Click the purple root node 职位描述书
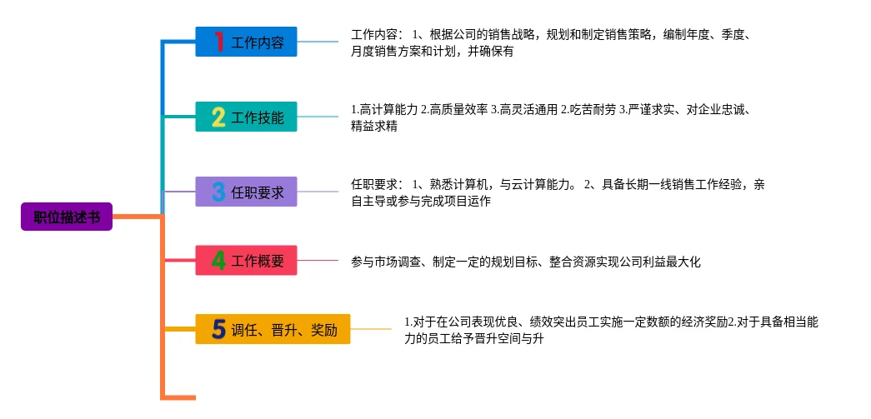coord(67,217)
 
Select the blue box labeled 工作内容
coord(246,42)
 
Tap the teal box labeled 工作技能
coord(246,117)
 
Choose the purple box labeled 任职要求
coord(246,192)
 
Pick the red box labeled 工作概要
coord(246,261)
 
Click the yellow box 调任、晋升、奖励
coord(273,329)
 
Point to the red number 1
coord(218,42)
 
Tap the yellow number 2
coord(218,117)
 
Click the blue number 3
coord(218,192)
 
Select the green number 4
coord(218,261)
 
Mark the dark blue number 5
coord(218,329)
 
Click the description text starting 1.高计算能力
coord(550,117)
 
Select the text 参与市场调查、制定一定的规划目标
coord(526,262)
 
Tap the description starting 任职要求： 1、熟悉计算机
coord(557,192)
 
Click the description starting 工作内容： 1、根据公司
coord(553,42)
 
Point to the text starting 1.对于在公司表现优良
coord(611,330)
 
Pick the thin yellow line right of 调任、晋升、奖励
coord(370,329)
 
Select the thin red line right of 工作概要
coord(318,261)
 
